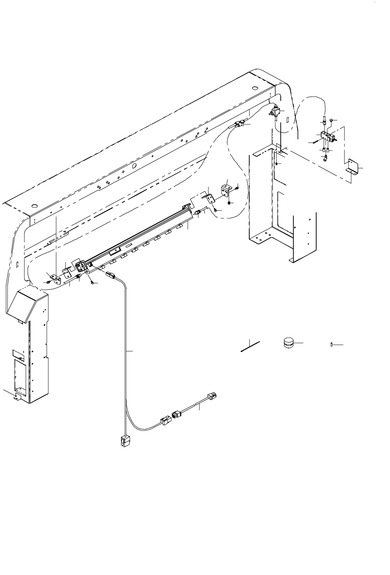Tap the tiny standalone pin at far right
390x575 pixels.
click(x=332, y=344)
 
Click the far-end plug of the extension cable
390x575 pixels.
click(x=212, y=396)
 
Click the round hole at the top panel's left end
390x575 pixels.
click(x=34, y=206)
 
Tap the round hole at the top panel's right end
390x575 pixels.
click(x=254, y=88)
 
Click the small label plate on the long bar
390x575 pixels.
click(x=117, y=250)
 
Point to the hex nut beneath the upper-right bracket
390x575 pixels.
click(x=229, y=203)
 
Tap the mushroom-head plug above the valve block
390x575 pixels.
click(x=331, y=121)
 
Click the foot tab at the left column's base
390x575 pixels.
click(x=16, y=397)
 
